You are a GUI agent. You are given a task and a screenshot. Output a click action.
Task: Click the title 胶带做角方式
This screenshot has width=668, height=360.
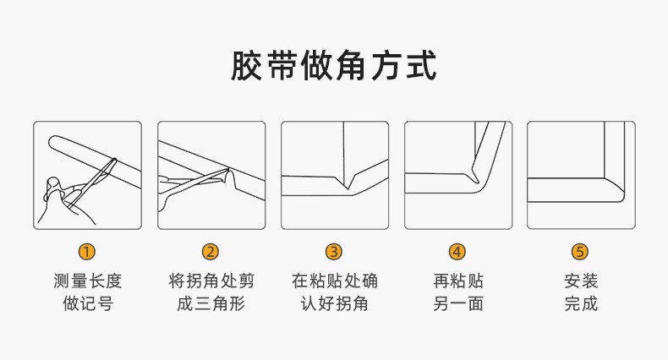coord(333,66)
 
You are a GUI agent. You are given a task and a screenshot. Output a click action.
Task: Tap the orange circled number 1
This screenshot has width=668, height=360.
coord(87,252)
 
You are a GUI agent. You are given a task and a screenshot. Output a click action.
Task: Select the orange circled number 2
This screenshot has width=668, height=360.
coord(211,252)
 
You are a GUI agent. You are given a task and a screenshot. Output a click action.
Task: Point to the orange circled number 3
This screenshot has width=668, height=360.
coord(334,252)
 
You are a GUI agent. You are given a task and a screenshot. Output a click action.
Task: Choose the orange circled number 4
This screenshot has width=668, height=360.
coord(457,252)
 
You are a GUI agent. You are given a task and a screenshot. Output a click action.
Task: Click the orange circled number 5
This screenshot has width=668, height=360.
coord(580,252)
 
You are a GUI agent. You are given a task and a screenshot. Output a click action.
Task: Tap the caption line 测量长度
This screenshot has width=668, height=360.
coord(88,281)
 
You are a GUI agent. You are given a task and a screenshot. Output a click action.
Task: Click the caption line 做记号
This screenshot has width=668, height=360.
coord(88,304)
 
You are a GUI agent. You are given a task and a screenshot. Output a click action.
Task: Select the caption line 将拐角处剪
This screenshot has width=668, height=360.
coord(211,281)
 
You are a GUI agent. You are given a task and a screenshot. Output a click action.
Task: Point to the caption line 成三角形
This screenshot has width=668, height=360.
coord(211,304)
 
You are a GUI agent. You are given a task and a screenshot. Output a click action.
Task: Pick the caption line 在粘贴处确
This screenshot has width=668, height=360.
coord(335,281)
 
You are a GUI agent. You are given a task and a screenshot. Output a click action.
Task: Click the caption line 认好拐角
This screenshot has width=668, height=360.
coord(335,304)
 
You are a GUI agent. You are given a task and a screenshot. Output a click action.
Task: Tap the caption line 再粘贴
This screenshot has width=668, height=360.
coord(458,281)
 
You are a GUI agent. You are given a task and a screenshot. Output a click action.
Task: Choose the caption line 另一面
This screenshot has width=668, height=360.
coord(458,304)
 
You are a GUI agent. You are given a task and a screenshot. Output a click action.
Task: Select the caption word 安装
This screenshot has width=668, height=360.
coord(581,281)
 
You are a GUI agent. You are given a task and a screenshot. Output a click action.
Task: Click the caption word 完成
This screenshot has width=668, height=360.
coord(581,304)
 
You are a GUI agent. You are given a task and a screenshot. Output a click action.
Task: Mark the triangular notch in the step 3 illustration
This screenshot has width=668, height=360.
coord(348,180)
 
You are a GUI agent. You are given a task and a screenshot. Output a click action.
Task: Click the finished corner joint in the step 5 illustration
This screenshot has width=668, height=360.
coord(614,188)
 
